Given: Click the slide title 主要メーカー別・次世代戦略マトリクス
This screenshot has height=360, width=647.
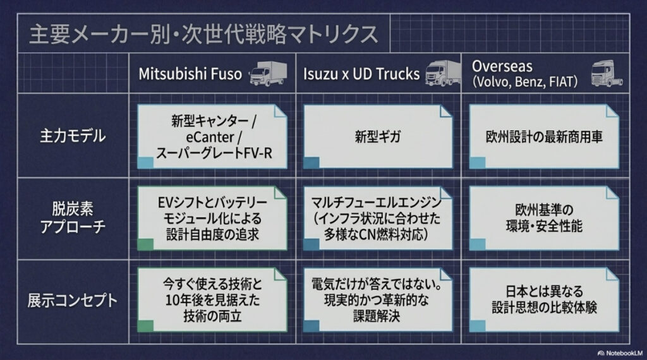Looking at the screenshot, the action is tap(203, 34).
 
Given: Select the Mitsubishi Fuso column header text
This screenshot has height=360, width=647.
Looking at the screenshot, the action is tap(190, 74).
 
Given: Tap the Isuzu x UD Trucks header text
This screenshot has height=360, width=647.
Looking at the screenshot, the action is tap(361, 74).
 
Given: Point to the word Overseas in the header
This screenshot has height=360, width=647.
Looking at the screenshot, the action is tap(502, 66).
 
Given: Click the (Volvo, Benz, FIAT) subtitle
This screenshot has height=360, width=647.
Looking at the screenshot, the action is tap(525, 81).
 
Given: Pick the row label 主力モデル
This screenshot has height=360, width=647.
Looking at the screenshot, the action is tap(73, 136).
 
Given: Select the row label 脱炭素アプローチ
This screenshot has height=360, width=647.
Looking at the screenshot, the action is tap(73, 218).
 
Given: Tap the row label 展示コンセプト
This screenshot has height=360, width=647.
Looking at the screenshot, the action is tap(73, 300).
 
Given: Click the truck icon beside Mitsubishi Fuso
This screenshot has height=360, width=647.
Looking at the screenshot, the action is tap(268, 73).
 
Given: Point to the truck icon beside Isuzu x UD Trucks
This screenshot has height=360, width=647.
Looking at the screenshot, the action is tap(442, 73).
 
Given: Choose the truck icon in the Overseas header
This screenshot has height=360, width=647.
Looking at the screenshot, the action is tap(606, 73).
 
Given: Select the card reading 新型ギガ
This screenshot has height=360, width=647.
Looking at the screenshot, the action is tap(378, 136).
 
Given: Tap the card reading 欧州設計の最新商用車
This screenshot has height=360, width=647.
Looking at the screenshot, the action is tap(544, 136).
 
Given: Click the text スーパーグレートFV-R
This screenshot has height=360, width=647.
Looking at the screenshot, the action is tap(214, 153).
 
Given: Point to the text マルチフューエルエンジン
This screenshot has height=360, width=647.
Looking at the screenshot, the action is tap(377, 202).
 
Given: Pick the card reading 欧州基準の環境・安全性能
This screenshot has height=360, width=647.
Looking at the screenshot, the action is tap(544, 218).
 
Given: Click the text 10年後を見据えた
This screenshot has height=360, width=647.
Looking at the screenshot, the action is tap(212, 300).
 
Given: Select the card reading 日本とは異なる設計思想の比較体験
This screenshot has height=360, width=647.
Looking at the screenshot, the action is tap(544, 300).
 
